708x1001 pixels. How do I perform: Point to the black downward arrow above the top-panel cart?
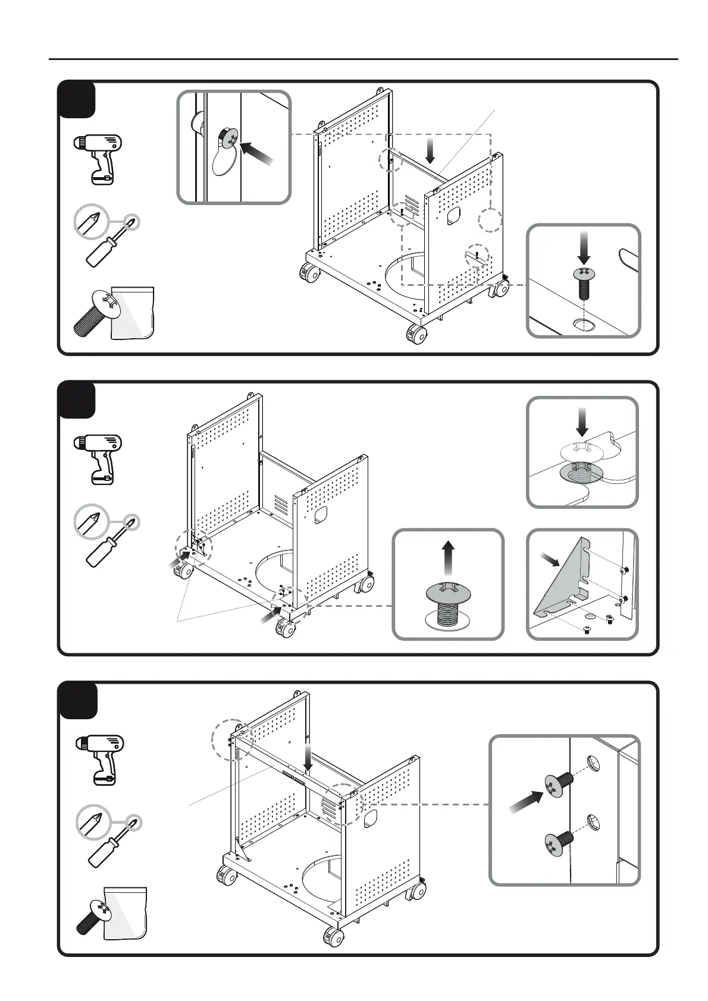coord(431,152)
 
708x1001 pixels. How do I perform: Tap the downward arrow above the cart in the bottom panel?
coord(307,756)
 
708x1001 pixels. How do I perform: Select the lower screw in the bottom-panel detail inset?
coord(558,843)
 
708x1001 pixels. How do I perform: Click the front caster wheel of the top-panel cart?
coord(416,335)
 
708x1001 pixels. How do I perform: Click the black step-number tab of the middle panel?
coord(77,399)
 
